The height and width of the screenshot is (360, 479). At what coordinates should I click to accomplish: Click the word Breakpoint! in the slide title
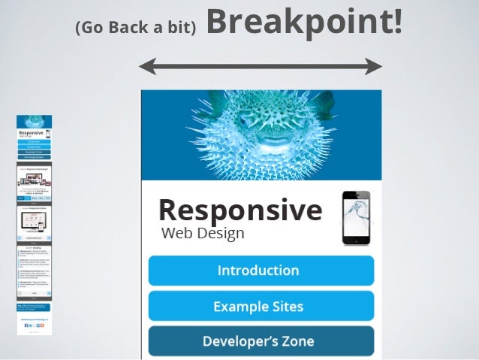(303, 22)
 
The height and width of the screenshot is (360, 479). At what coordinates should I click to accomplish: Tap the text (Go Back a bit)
(135, 28)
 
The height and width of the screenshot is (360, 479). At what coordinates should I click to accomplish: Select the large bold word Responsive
(239, 210)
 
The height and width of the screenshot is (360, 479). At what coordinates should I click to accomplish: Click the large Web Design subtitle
(203, 233)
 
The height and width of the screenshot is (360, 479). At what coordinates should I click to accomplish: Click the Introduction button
(261, 271)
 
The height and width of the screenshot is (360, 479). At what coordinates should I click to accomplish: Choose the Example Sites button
(261, 306)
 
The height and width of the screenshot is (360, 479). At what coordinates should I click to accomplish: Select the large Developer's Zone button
(261, 341)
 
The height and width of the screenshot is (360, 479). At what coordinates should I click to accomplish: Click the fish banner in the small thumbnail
(35, 121)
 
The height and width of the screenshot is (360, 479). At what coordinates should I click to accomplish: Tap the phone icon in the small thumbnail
(48, 133)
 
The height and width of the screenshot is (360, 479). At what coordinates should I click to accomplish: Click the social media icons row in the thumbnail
(35, 325)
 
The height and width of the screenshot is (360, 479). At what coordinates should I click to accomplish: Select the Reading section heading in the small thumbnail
(35, 246)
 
